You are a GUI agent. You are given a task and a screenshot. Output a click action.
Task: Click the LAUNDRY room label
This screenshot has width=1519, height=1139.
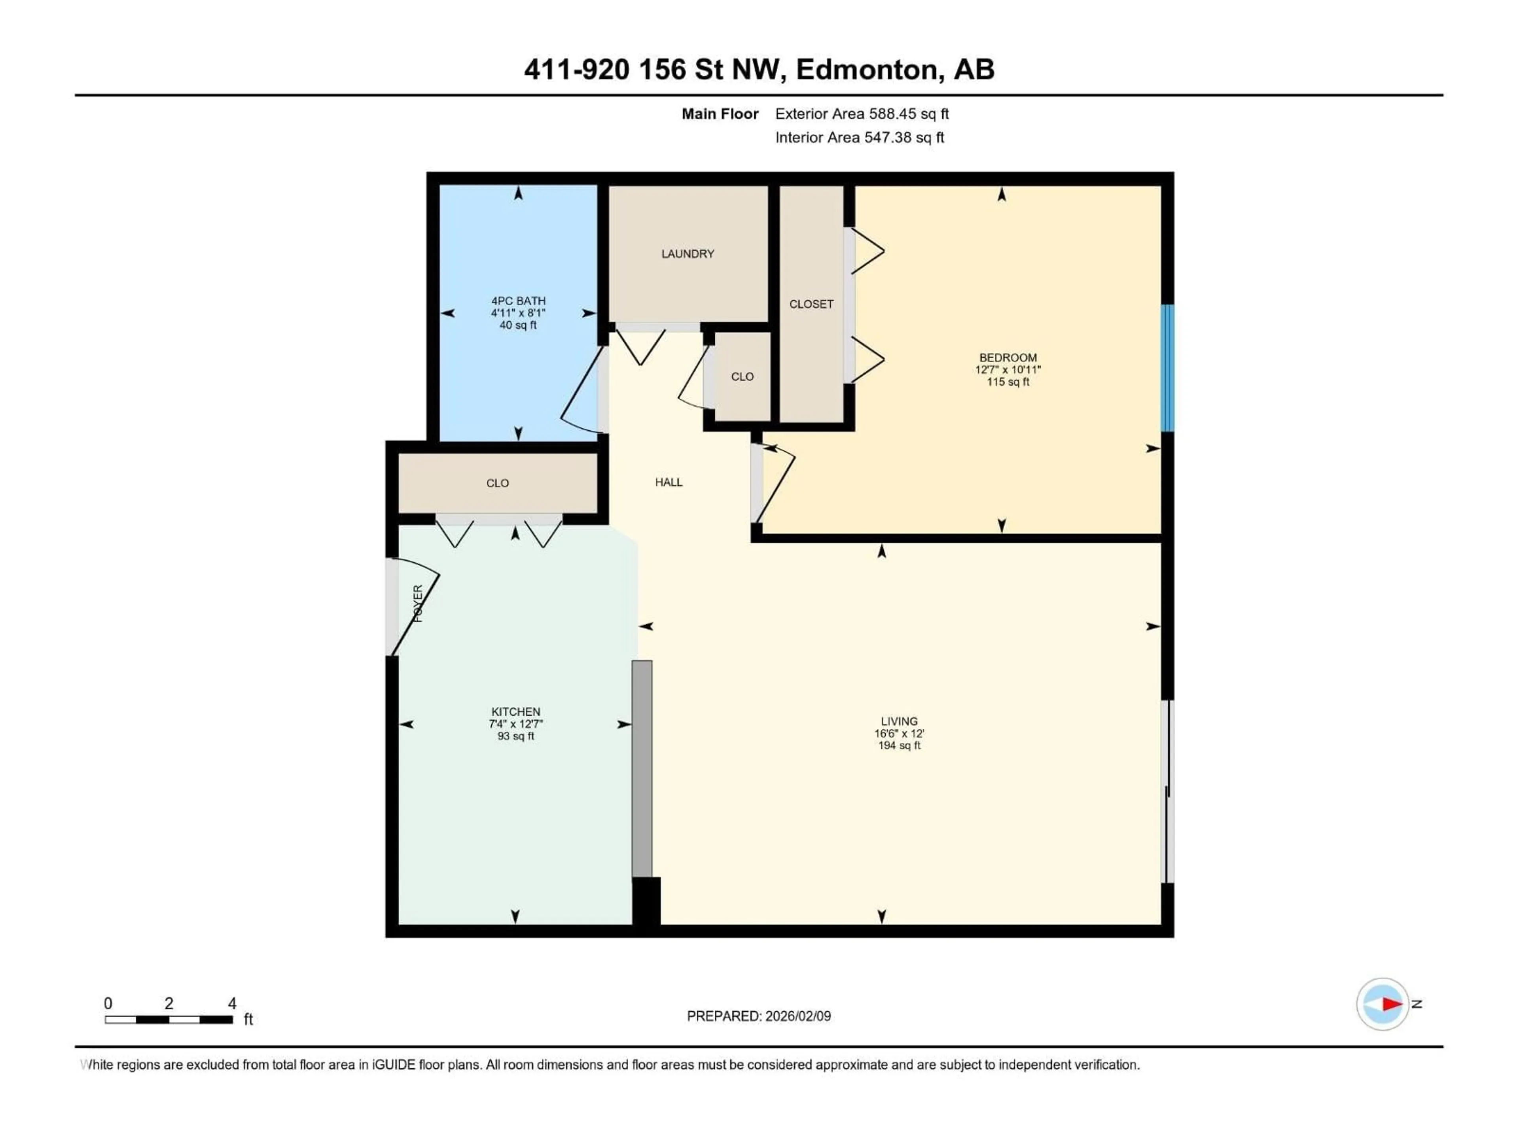(x=688, y=254)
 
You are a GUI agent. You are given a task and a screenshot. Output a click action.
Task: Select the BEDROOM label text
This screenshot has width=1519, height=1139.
(x=1008, y=358)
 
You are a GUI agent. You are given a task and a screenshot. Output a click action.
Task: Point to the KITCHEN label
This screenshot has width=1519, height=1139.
(x=516, y=712)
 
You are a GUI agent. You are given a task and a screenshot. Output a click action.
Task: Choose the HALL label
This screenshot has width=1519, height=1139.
(x=668, y=482)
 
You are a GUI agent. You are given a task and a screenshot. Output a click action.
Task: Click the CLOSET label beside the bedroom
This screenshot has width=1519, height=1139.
(x=811, y=304)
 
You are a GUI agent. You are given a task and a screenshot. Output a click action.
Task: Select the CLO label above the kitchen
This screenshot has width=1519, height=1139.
(x=497, y=483)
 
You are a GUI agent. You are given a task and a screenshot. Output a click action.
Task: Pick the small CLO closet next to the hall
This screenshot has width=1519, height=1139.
(x=742, y=377)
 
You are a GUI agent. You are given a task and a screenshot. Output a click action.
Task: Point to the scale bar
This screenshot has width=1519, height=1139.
(x=169, y=1020)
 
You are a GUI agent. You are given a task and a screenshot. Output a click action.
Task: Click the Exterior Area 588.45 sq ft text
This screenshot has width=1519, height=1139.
(x=862, y=114)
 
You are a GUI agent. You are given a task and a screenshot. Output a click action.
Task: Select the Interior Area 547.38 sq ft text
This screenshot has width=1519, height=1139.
(x=859, y=137)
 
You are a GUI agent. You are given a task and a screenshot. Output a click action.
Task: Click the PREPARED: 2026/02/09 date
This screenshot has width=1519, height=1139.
(x=759, y=1016)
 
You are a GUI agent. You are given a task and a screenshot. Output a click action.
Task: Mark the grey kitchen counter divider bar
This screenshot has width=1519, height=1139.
(x=641, y=768)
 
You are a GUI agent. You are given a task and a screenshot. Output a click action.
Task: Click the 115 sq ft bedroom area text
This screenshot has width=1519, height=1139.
(x=1008, y=382)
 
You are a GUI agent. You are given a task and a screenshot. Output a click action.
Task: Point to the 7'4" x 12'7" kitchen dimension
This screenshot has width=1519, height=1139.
(x=516, y=724)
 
